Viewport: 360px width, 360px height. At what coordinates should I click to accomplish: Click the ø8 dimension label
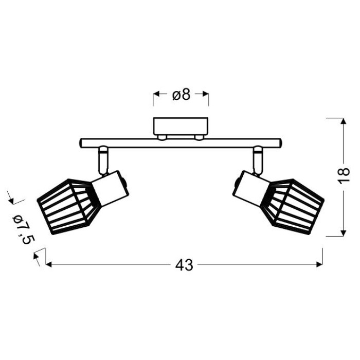(182, 94)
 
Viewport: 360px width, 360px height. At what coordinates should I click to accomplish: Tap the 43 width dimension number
(184, 265)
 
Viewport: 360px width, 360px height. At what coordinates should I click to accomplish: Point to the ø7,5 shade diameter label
(23, 229)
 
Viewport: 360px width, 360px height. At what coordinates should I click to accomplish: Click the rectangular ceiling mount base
(181, 127)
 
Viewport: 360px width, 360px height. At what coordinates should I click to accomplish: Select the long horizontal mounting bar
(181, 143)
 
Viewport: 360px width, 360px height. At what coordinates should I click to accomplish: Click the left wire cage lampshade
(69, 206)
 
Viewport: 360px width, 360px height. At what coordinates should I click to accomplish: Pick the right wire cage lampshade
(294, 206)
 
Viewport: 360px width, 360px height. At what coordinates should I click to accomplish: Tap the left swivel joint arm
(103, 160)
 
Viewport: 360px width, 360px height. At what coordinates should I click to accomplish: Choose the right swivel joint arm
(258, 160)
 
